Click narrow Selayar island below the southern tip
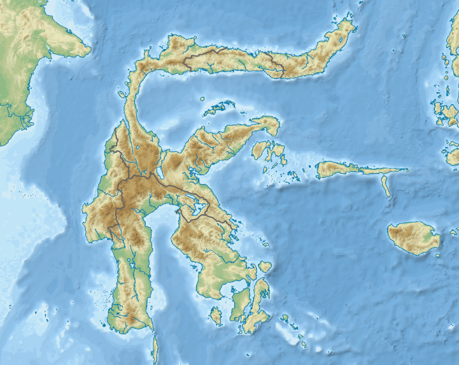coord(155,347)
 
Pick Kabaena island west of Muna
coord(216,315)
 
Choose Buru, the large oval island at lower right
coord(414,237)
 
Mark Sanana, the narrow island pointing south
coord(386,186)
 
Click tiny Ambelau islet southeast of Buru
coord(437,254)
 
